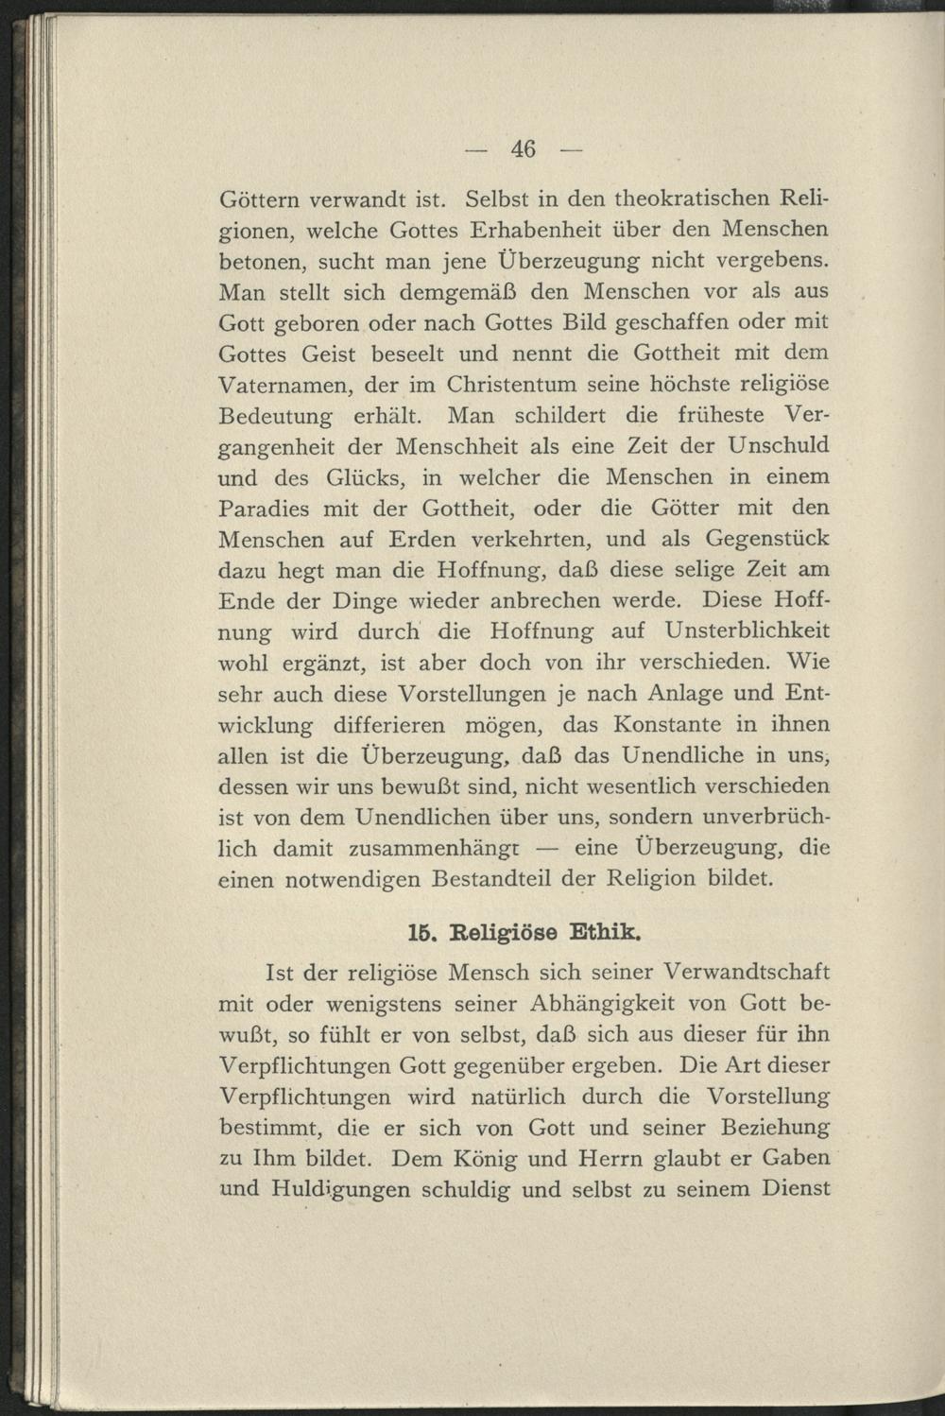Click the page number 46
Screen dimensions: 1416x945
pos(523,148)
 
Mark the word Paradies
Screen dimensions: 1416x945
pos(264,509)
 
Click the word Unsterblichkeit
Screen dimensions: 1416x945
pos(747,630)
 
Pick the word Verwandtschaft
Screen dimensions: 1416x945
pos(747,972)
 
